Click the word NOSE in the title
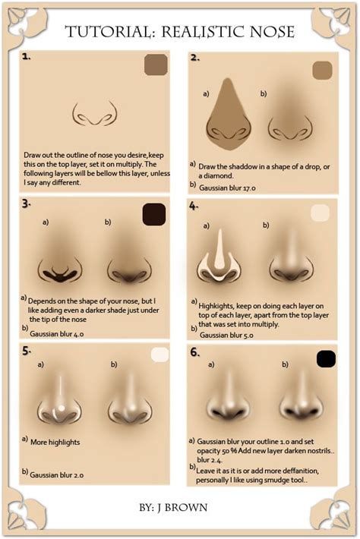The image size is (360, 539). click(x=265, y=32)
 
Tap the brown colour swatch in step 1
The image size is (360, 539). click(x=156, y=66)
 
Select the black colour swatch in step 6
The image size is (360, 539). click(x=326, y=358)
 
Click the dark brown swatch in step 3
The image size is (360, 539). click(x=154, y=214)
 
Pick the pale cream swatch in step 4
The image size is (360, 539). click(x=321, y=213)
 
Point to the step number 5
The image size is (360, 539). click(x=27, y=351)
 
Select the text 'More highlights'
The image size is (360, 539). click(x=55, y=442)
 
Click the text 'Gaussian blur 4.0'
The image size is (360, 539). click(x=60, y=332)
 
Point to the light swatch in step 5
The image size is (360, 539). click(x=160, y=355)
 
